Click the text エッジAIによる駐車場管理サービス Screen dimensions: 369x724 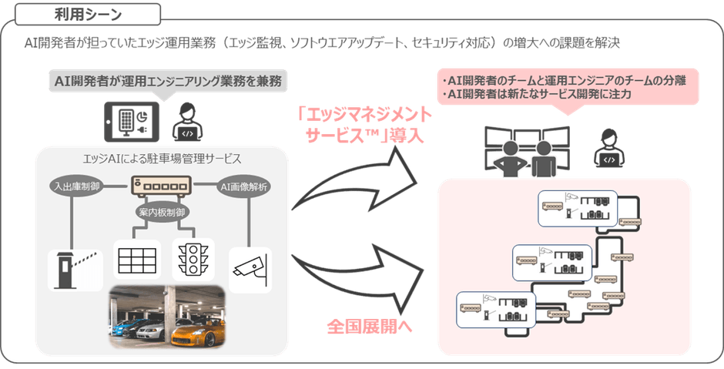[x=163, y=159]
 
